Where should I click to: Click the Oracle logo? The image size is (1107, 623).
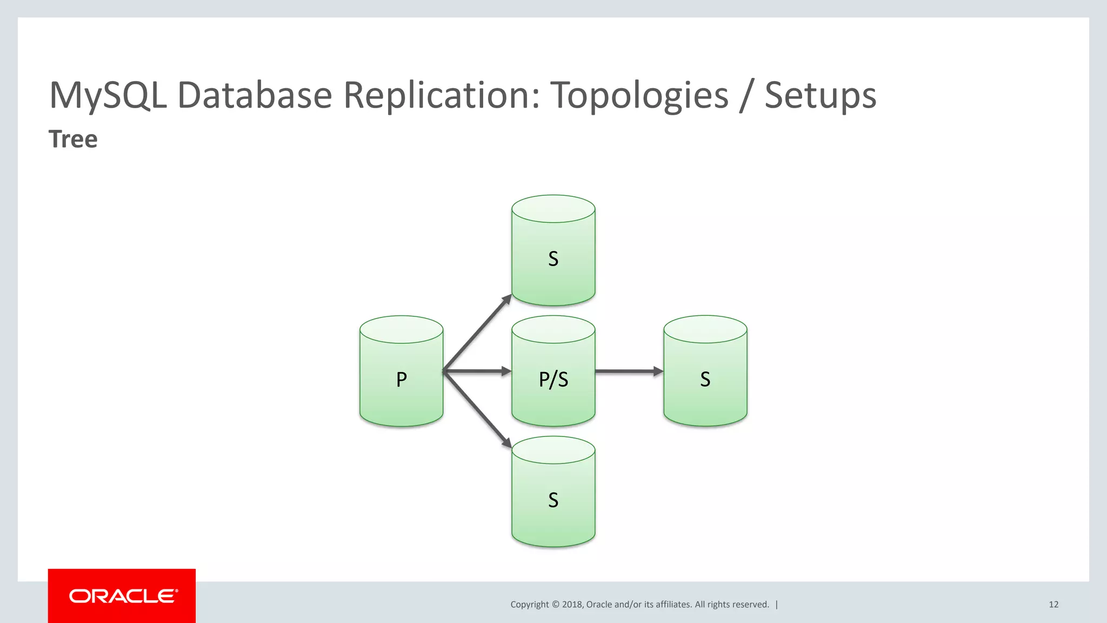tap(122, 596)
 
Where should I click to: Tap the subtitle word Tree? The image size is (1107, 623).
tap(73, 139)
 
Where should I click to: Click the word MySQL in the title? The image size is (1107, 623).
tap(108, 95)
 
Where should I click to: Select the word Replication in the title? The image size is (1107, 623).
tap(441, 95)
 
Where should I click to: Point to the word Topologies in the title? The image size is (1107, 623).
tap(639, 95)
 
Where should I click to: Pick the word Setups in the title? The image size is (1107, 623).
tap(820, 95)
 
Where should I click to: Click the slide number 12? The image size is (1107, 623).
tap(1053, 605)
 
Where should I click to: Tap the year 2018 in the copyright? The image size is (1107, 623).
tap(572, 605)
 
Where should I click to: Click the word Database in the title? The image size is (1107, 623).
tap(255, 95)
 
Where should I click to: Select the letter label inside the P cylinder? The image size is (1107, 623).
tap(401, 379)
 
